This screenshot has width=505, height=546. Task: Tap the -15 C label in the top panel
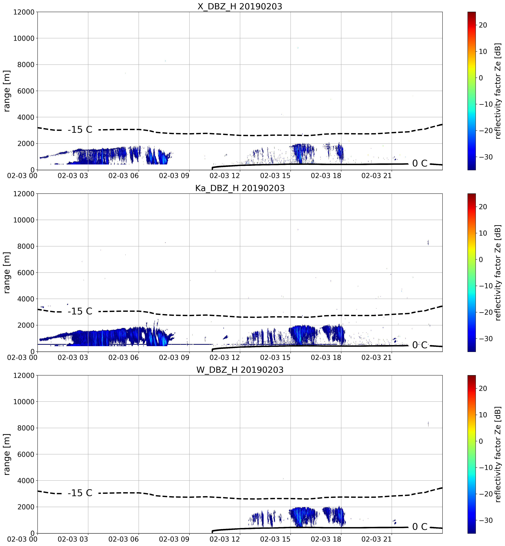[x=80, y=130]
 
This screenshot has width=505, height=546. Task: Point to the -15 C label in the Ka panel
[x=80, y=311]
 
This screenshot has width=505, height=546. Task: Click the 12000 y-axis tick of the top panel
[x=24, y=12]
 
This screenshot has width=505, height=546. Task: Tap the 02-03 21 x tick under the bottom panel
[x=376, y=539]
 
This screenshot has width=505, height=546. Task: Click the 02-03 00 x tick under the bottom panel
[x=22, y=539]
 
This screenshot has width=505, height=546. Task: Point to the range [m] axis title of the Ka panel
[x=7, y=272]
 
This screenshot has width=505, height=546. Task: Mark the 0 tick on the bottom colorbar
[x=481, y=441]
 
